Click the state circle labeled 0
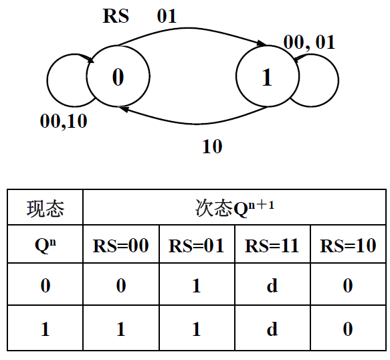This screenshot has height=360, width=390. coord(117,77)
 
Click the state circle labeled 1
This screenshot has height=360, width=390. coord(267,77)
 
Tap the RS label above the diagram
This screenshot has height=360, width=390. coord(116,15)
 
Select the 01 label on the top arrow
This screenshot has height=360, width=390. coord(167,15)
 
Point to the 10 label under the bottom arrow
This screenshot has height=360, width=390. coord(211,146)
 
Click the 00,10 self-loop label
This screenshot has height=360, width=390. coord(64,121)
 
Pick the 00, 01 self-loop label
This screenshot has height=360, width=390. coord(308,43)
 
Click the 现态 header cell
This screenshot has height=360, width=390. coord(45,209)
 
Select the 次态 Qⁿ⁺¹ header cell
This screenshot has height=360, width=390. coord(234,209)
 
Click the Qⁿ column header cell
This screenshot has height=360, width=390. coord(45,245)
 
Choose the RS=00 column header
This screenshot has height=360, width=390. coord(121,245)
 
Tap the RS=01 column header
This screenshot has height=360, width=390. coord(196,245)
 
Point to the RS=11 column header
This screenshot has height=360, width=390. coord(272,245)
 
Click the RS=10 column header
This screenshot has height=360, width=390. coord(348,245)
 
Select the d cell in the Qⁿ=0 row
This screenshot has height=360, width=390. coord(272,286)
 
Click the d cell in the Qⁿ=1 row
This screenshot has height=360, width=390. coord(272,329)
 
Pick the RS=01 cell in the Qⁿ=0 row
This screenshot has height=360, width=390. coord(196,286)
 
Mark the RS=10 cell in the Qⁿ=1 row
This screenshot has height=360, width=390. coord(348,329)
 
